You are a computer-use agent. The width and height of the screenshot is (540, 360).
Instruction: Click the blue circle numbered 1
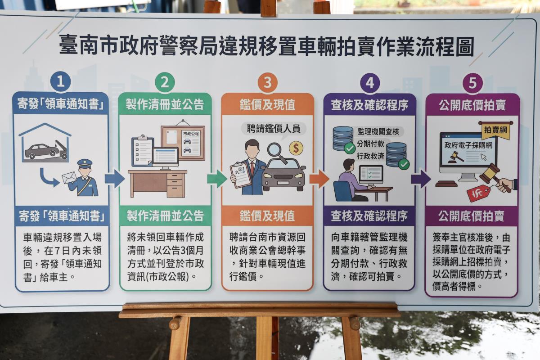(60, 81)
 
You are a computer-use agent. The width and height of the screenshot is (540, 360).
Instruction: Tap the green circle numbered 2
(165, 82)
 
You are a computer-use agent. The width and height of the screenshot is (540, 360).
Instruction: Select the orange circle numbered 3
(268, 82)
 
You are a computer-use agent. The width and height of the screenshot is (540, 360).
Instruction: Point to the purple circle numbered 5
(472, 83)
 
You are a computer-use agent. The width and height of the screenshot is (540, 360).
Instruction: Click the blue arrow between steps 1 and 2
(115, 179)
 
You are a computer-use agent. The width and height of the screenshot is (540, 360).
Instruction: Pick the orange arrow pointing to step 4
(319, 179)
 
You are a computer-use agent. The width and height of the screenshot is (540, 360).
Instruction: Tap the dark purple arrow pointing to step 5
(421, 179)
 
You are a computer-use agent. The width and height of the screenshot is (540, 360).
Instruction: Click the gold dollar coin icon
(296, 148)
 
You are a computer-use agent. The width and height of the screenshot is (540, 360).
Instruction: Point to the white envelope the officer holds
(69, 178)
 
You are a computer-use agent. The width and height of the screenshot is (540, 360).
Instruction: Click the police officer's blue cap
(85, 163)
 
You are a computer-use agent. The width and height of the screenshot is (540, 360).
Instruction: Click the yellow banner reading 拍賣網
(495, 130)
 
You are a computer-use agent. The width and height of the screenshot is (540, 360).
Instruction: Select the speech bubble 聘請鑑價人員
(274, 129)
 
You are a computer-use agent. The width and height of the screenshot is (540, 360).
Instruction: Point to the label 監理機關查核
(378, 132)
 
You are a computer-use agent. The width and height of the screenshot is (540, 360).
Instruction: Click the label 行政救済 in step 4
(370, 156)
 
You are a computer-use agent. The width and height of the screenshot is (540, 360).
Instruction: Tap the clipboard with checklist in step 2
(143, 151)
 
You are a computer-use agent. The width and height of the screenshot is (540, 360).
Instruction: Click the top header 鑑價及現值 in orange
(267, 105)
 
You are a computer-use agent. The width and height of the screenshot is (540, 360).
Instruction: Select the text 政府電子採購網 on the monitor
(468, 145)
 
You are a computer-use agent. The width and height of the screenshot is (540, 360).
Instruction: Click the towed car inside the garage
(42, 151)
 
